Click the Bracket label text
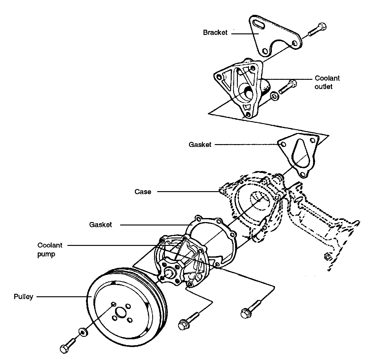215,32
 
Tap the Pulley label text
23,297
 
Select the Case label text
143,192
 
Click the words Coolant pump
50,250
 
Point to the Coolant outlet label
327,82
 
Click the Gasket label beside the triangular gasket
200,144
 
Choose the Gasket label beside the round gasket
101,225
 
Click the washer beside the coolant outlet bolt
274,96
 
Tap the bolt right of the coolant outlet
288,86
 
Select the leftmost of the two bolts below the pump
187,320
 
